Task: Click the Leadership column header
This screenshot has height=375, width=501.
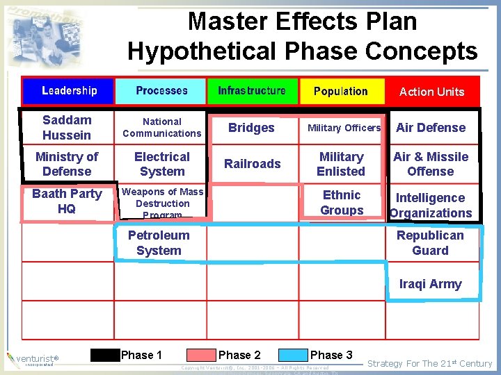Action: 68,91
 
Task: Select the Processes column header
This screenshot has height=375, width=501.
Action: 161,91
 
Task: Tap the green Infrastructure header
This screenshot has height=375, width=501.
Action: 252,91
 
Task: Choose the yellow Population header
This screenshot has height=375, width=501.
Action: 341,91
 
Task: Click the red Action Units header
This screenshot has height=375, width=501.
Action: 431,92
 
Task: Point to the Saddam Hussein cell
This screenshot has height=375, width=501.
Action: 67,128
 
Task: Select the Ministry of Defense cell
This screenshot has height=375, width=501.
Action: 67,164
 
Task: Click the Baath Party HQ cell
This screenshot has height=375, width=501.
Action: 67,201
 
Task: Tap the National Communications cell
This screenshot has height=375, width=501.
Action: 161,128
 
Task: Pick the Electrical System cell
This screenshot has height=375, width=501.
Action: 161,164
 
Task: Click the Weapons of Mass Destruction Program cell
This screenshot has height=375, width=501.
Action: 163,203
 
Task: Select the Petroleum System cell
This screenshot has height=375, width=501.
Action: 159,243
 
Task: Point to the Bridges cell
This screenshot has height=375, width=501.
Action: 251,128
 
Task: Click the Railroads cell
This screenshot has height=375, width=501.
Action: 253,164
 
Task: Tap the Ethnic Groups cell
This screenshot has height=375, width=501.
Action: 342,203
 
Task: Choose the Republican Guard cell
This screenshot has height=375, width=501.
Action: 430,243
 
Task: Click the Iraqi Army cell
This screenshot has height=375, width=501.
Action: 430,284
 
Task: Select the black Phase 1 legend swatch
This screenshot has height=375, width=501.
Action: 105,356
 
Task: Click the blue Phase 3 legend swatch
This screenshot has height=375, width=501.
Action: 294,356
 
